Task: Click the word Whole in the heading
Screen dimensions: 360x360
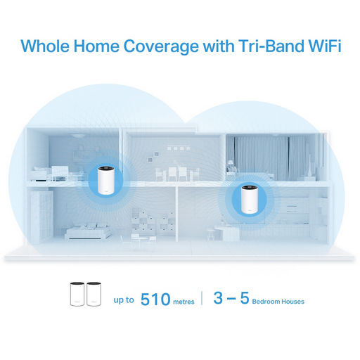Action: point(45,46)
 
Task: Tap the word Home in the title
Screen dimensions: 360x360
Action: point(96,46)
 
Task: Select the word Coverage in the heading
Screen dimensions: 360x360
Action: point(161,47)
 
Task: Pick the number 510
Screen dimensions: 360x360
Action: point(155,299)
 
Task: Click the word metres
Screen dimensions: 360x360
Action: point(184,302)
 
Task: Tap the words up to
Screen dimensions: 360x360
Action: point(124,300)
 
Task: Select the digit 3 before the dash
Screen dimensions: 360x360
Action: point(218,297)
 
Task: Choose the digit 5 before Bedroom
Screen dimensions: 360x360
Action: point(245,297)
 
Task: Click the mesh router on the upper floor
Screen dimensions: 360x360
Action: point(106,180)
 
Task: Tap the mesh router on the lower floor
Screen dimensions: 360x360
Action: point(250,199)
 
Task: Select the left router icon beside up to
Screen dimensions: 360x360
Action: point(77,294)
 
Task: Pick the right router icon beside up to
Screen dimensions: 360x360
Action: point(94,294)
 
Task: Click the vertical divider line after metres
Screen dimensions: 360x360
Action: point(202,298)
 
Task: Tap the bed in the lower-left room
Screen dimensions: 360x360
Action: point(88,231)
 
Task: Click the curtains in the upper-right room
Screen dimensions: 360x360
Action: point(269,158)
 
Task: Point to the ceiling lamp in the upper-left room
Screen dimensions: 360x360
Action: point(77,135)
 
